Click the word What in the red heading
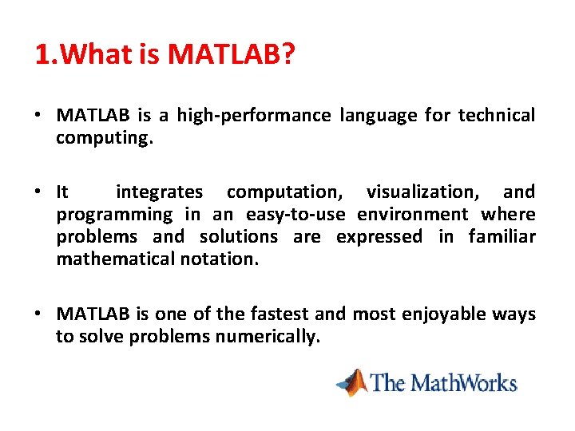click(x=96, y=54)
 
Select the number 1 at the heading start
click(x=42, y=54)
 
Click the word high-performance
click(x=254, y=116)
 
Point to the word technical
click(x=497, y=115)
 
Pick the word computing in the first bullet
click(x=102, y=139)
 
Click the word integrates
click(x=159, y=192)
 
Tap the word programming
click(x=114, y=215)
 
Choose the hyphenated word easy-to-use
click(x=295, y=215)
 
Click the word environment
click(x=413, y=215)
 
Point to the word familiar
click(x=502, y=236)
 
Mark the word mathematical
click(x=116, y=259)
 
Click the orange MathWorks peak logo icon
click(x=352, y=382)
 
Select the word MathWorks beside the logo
click(x=463, y=383)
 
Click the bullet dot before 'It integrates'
click(x=38, y=192)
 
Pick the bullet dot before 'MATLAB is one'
click(x=38, y=314)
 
